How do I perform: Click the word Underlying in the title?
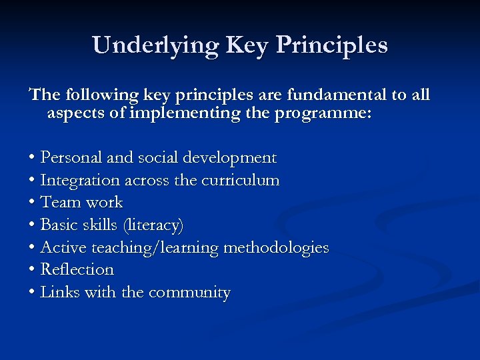156,45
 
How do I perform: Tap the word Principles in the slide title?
331,45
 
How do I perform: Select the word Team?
59,203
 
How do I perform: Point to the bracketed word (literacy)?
152,225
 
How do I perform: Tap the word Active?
63,248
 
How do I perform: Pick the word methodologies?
276,248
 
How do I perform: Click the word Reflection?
77,270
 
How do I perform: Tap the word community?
189,293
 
